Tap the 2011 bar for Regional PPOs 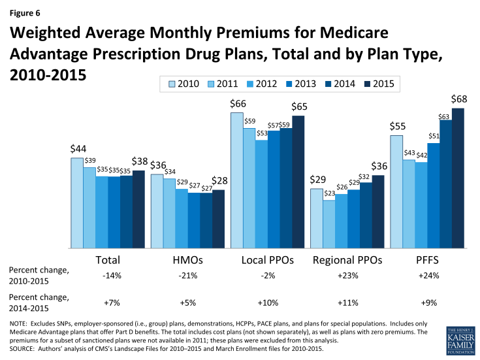(x=329, y=224)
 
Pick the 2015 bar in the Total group (x=138, y=209)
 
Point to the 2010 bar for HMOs (x=157, y=211)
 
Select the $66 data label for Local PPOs (x=237, y=105)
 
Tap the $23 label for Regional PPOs (x=329, y=193)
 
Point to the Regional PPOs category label (x=347, y=260)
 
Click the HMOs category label (x=188, y=260)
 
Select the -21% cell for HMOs (x=188, y=276)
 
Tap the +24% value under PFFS (x=427, y=276)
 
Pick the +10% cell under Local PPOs (x=268, y=303)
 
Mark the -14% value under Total (x=108, y=276)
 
